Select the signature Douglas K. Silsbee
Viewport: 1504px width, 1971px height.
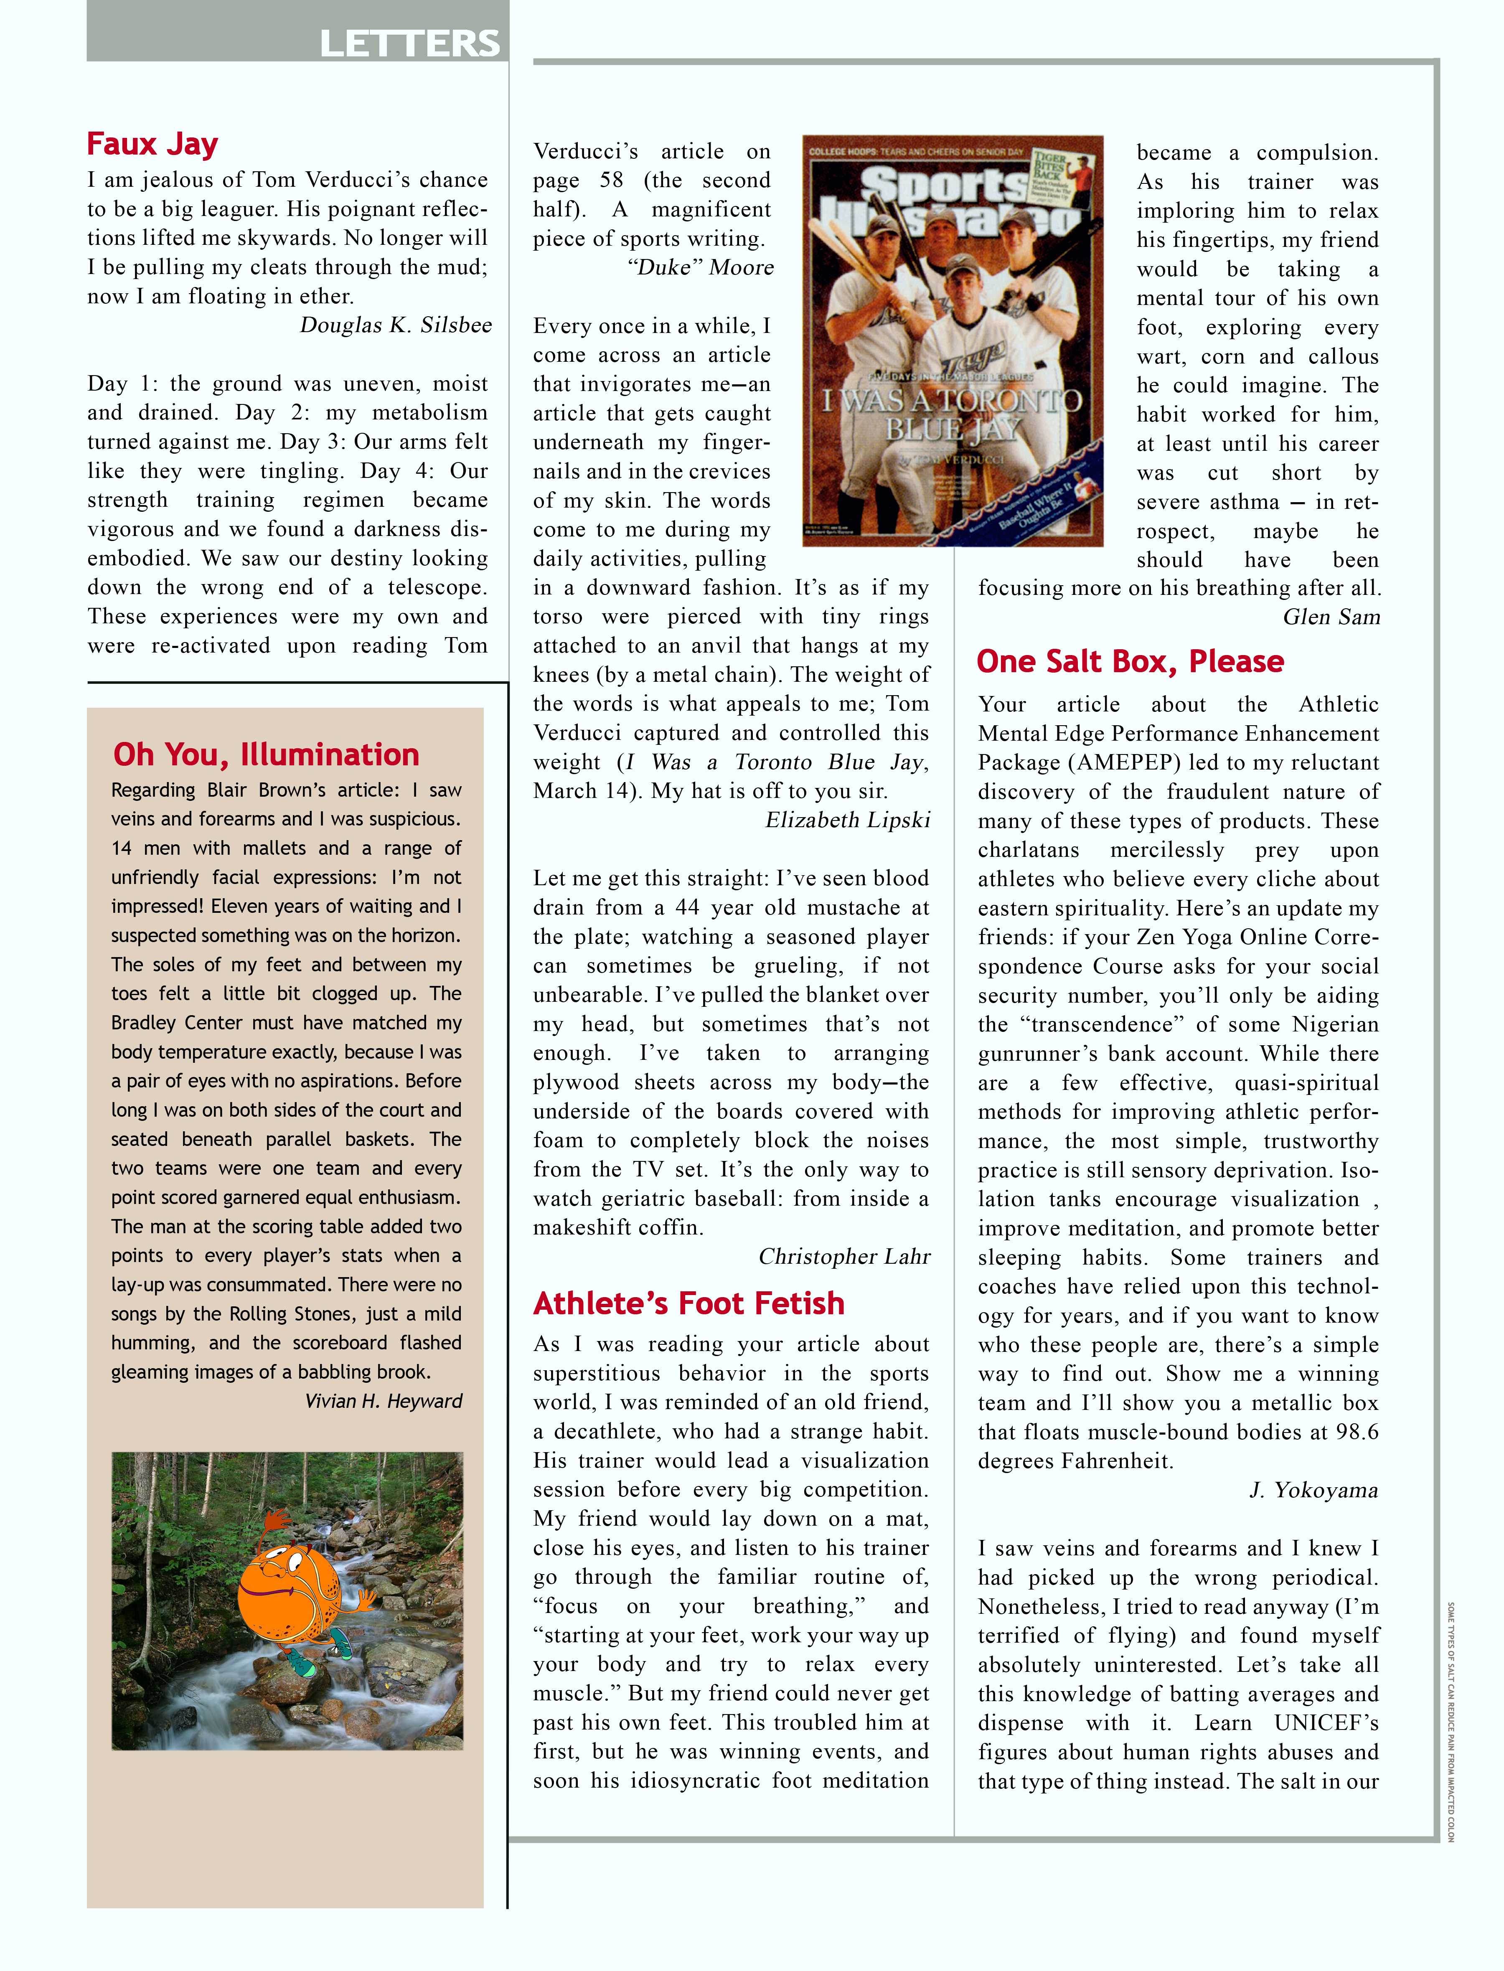click(396, 325)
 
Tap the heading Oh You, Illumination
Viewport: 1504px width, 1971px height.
click(266, 754)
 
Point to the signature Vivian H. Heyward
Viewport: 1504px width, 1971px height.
click(383, 1401)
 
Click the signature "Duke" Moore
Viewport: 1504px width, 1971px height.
click(700, 268)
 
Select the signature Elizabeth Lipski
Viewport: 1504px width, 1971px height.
click(847, 820)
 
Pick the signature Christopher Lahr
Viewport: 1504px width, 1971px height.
click(844, 1257)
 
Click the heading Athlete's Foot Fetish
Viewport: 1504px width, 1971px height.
click(688, 1303)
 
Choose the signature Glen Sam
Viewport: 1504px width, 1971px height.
click(1331, 617)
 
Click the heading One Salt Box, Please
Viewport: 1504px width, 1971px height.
click(1130, 661)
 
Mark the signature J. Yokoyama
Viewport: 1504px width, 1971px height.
click(1313, 1490)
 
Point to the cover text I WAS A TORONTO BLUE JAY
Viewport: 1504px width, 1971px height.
click(952, 414)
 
